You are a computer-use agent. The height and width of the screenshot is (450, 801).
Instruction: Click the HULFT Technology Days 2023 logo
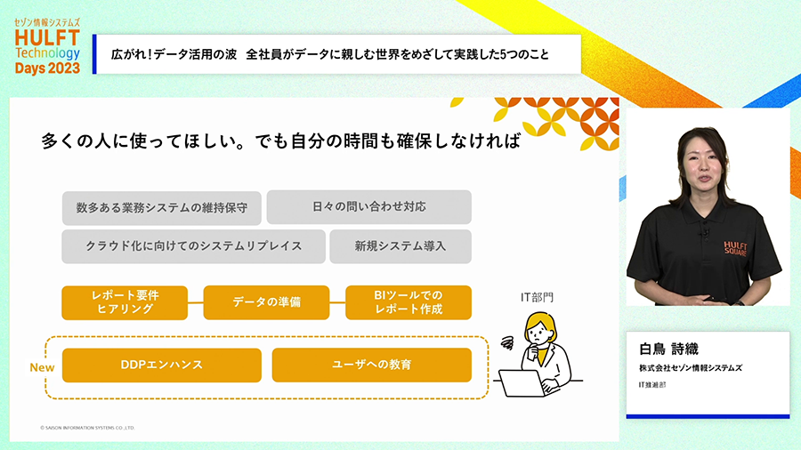point(47,46)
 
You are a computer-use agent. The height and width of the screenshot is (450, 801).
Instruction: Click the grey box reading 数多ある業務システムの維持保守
point(161,207)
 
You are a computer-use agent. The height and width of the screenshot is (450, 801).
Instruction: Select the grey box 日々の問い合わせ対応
point(368,206)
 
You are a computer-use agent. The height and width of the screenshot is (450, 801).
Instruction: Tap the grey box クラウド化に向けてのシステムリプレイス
point(194,246)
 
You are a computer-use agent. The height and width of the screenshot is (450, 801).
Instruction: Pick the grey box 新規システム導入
point(400,246)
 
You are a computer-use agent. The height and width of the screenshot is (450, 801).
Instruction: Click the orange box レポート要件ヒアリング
point(125,302)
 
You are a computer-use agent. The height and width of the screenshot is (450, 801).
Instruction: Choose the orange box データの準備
point(266,302)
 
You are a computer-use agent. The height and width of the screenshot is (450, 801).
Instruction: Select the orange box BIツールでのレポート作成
point(409,302)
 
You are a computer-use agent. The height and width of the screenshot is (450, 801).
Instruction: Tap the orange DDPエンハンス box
point(161,365)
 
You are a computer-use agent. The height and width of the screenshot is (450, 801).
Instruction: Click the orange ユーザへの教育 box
point(371,365)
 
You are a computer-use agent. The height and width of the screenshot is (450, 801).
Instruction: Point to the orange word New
point(42,367)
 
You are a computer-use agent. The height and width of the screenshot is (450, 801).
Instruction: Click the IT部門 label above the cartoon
point(537,297)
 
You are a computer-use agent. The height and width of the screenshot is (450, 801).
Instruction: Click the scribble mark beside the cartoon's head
point(507,343)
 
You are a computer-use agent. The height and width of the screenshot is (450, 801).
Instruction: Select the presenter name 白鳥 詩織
point(668,349)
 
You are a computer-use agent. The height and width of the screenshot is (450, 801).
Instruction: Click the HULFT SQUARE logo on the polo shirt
point(735,248)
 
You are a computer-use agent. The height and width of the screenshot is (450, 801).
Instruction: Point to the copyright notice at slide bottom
point(87,428)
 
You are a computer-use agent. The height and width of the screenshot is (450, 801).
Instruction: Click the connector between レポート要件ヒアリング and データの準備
point(196,302)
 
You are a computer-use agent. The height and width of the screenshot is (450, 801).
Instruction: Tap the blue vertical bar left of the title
point(94,54)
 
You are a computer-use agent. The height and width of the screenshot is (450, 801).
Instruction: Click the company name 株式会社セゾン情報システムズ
point(691,368)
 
